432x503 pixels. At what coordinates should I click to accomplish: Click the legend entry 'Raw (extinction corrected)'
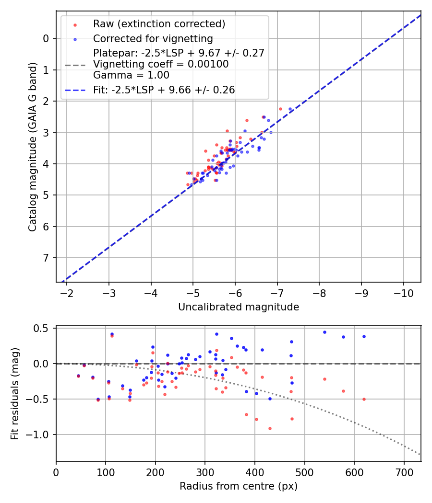pos(159,24)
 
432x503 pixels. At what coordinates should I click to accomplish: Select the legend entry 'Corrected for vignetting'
pos(153,38)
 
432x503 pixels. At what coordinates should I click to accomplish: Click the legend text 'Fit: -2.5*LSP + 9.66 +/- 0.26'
pos(164,90)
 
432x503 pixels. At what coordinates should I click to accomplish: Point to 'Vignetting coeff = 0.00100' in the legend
pos(161,64)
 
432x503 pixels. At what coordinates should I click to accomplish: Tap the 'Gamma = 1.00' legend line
pos(131,75)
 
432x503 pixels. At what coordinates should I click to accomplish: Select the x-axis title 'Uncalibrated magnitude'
pos(239,307)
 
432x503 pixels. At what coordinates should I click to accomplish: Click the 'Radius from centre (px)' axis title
pos(239,486)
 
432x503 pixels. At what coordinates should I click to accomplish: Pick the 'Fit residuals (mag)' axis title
pos(15,394)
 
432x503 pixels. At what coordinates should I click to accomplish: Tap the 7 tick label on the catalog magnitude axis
pos(46,258)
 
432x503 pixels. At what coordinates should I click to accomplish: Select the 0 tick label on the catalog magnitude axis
pos(46,39)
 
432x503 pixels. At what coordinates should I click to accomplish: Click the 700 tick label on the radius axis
pos(404,472)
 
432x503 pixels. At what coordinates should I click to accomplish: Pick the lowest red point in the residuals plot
pos(270,428)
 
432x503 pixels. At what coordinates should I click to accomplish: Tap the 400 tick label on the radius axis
pos(255,472)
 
